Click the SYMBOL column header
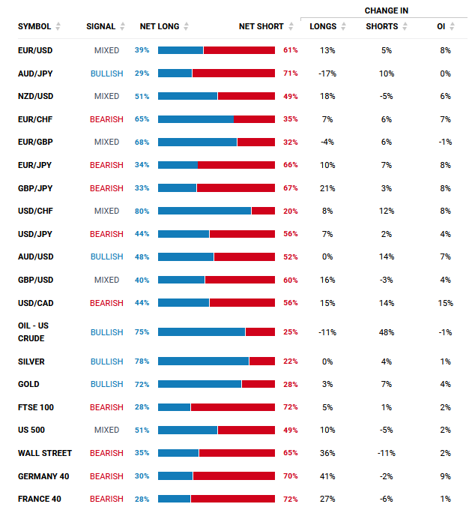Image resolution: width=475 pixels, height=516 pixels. click(34, 26)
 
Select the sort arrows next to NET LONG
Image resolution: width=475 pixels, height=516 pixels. click(187, 27)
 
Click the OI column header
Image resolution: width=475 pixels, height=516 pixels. click(441, 26)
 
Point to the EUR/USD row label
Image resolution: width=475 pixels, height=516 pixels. click(35, 50)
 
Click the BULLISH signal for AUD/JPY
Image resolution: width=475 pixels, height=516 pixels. click(106, 73)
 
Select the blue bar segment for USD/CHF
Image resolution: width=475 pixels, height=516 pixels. click(205, 211)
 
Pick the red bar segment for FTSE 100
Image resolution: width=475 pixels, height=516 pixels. click(233, 407)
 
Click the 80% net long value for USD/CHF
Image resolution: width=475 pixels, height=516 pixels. click(142, 211)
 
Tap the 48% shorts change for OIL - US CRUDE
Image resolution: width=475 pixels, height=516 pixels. click(387, 332)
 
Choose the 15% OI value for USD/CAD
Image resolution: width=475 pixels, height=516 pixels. click(446, 303)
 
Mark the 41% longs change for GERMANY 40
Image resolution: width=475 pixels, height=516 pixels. click(327, 476)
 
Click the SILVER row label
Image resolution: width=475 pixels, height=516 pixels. click(31, 361)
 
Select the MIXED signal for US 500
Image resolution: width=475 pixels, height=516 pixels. click(106, 430)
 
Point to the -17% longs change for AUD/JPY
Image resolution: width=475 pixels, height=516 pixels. click(327, 73)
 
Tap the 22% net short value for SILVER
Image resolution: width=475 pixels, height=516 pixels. click(291, 361)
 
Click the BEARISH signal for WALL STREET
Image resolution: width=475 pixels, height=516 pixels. click(106, 453)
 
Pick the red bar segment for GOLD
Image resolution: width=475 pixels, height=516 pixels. click(258, 384)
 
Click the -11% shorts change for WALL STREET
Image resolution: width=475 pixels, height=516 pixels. click(387, 453)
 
